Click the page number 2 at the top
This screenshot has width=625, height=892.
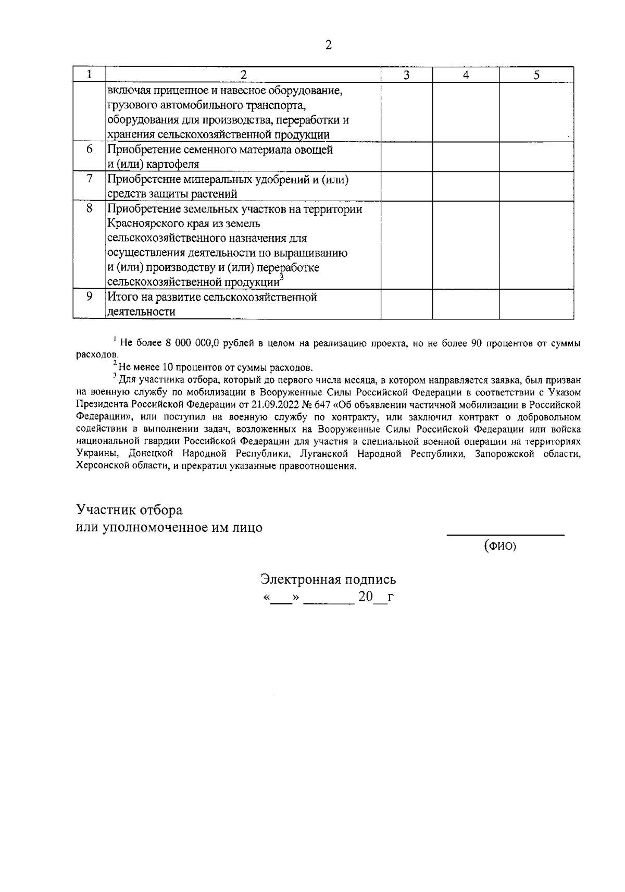328,45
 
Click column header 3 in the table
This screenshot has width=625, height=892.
406,75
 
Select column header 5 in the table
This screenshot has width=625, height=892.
536,75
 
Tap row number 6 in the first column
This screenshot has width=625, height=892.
89,149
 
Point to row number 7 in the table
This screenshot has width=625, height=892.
89,179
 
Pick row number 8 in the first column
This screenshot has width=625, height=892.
89,208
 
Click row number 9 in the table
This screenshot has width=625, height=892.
89,296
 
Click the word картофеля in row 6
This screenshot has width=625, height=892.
173,165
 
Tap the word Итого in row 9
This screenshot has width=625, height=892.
123,298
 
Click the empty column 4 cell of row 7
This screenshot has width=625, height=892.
466,187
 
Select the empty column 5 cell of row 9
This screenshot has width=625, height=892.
536,304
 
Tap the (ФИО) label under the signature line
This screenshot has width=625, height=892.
500,547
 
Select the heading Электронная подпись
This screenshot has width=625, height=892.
328,579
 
